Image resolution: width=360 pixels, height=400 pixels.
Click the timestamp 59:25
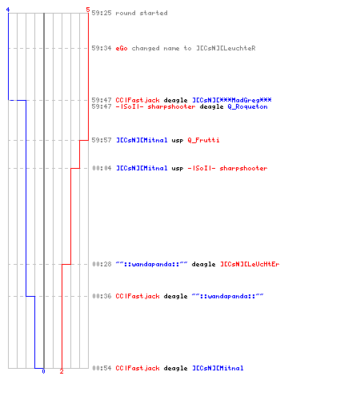102,13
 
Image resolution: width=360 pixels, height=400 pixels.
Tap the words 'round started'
142,13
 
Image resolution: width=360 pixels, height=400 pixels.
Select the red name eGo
122,48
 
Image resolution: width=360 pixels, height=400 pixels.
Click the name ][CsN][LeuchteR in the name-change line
226,48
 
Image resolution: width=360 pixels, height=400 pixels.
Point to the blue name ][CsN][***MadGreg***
232,100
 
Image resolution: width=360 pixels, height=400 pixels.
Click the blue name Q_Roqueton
247,106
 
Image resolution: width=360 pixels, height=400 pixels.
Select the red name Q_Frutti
203,140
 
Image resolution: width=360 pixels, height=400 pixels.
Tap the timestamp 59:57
102,140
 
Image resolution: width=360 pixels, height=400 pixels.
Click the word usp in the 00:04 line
178,168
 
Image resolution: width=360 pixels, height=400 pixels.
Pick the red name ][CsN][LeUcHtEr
250,264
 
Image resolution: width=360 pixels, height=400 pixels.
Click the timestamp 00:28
102,264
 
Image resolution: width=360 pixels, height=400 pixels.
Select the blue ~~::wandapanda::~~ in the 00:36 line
227,296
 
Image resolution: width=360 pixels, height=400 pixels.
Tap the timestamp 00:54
102,368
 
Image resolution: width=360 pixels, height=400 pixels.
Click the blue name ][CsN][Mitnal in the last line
218,368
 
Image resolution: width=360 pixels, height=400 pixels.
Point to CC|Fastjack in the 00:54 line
138,368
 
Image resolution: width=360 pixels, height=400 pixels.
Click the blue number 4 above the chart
8,10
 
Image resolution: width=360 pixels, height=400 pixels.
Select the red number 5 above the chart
88,10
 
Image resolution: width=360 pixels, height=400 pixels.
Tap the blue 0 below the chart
43,371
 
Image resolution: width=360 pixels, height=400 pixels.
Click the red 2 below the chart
62,371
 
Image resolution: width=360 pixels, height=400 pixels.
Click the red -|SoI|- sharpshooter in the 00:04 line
227,168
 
